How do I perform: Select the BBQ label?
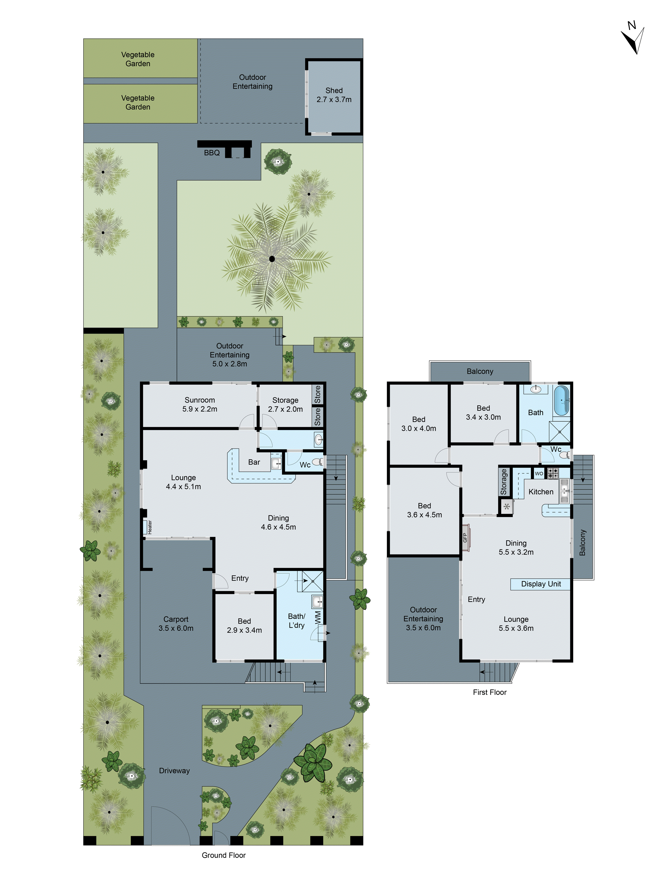click(x=212, y=153)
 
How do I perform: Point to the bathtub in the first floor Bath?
click(x=562, y=400)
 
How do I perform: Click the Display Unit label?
click(x=541, y=584)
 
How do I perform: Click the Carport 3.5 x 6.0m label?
click(x=176, y=624)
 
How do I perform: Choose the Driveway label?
click(x=174, y=771)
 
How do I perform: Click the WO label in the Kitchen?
click(x=539, y=473)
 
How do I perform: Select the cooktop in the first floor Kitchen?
click(x=553, y=473)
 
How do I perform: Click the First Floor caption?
click(x=489, y=692)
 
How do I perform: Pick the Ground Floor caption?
click(x=224, y=855)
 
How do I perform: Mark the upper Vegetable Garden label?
click(x=138, y=59)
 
